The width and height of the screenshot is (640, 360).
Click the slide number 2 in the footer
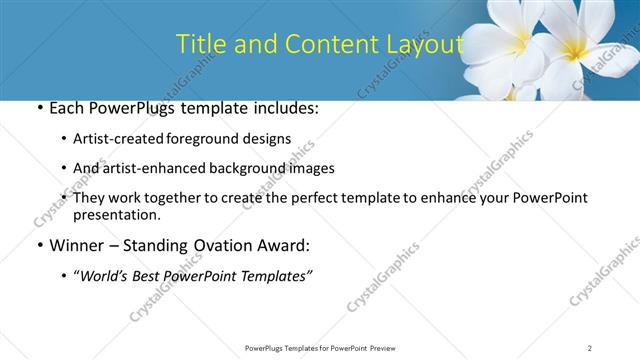(590, 348)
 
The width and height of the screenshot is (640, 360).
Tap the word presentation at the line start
(116, 214)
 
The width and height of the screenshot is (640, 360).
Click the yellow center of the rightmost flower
(579, 46)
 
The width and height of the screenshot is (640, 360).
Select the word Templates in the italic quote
(277, 275)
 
